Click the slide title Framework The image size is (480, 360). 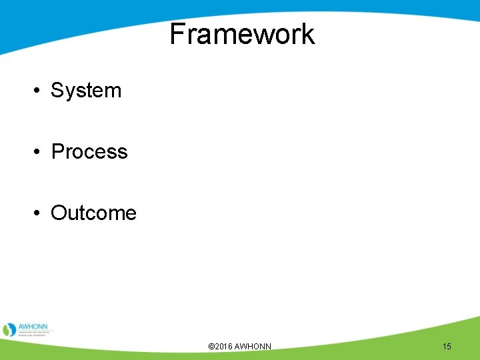[241, 34]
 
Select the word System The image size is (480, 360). [86, 91]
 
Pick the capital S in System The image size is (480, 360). [57, 91]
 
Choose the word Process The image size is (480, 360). [89, 152]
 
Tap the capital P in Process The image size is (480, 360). [58, 152]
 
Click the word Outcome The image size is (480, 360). [93, 213]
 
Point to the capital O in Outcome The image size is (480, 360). [59, 213]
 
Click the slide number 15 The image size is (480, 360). [447, 347]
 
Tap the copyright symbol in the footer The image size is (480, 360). [211, 347]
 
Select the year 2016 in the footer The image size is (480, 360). [224, 347]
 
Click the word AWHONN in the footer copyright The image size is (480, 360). [253, 347]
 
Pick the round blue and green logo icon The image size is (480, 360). [9, 330]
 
